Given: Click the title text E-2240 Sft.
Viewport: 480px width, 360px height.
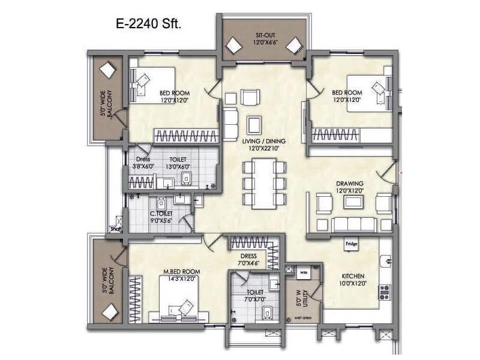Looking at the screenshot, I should pos(146,25).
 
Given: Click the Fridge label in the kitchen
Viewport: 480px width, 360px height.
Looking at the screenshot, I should pos(352,244).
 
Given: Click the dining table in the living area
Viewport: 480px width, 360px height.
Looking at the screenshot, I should pos(263,183).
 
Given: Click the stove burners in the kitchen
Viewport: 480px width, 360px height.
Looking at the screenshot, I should pos(383,292).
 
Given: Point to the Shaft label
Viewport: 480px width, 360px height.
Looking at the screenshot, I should pos(116,229).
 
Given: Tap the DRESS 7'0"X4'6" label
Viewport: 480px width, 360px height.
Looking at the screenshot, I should pos(248,259).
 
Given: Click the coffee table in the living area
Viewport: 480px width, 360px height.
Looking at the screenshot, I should pos(254,125).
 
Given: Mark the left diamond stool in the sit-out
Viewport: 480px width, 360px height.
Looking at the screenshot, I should pos(233,45).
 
